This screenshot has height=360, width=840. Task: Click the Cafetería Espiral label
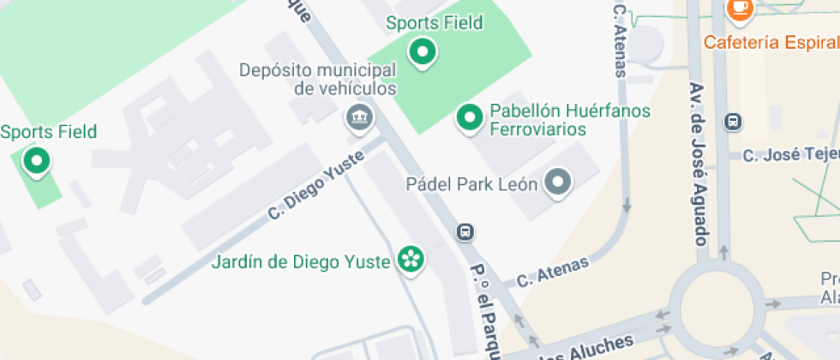click(771, 42)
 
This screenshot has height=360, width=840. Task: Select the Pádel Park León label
click(471, 183)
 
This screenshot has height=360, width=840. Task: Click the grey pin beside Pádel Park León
click(559, 182)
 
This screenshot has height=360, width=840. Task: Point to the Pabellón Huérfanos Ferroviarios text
click(570, 120)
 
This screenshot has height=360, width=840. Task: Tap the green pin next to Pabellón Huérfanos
click(469, 117)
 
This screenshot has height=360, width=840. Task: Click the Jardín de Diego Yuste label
click(301, 261)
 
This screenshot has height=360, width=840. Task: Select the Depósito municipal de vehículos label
click(318, 79)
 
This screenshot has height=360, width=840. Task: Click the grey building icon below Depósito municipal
click(358, 117)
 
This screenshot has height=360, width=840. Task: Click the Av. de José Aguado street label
click(699, 163)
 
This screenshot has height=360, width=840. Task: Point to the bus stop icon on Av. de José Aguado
click(734, 122)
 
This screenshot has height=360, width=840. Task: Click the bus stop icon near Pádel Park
click(465, 231)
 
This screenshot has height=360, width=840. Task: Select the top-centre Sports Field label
click(434, 23)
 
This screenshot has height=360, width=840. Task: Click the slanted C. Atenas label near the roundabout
click(553, 272)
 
